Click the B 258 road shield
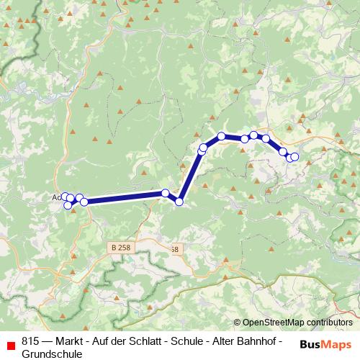click(x=121, y=247)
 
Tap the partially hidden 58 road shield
click(x=174, y=249)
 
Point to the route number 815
click(x=30, y=341)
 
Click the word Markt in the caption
click(x=73, y=341)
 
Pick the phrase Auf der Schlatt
click(x=132, y=341)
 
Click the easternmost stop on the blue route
click(x=294, y=156)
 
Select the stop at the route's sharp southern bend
click(x=179, y=201)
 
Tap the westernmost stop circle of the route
click(x=63, y=196)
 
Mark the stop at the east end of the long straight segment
click(x=166, y=193)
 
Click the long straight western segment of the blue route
click(x=122, y=197)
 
